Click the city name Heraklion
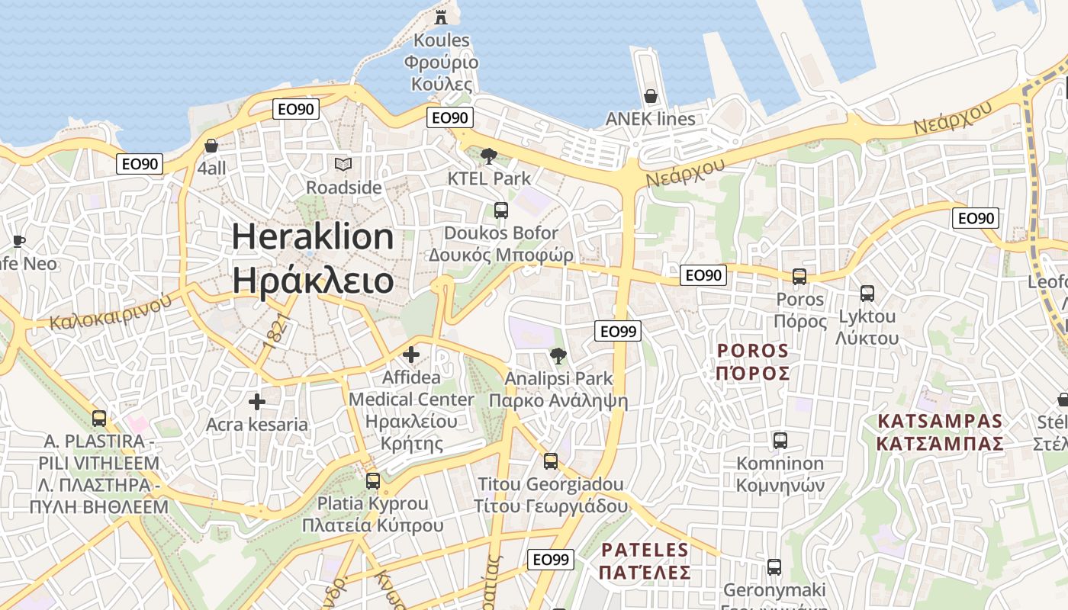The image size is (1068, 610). pyautogui.click(x=313, y=237)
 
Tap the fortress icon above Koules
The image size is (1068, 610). pyautogui.click(x=441, y=17)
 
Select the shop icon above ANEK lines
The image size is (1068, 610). pyautogui.click(x=651, y=96)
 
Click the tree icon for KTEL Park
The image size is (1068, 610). pyautogui.click(x=489, y=156)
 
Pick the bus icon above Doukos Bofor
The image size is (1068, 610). pyautogui.click(x=501, y=210)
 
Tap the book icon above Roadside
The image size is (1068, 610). pyautogui.click(x=343, y=164)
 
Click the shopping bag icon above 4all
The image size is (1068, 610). pyautogui.click(x=211, y=146)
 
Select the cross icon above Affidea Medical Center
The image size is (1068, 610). pyautogui.click(x=411, y=355)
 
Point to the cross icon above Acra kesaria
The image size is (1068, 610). pyautogui.click(x=257, y=402)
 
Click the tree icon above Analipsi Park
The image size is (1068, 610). pyautogui.click(x=558, y=355)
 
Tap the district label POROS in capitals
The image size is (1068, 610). pyautogui.click(x=753, y=352)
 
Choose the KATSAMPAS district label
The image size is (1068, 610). pyautogui.click(x=939, y=422)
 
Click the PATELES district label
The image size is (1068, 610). pyautogui.click(x=645, y=550)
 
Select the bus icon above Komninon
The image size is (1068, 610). pyautogui.click(x=780, y=441)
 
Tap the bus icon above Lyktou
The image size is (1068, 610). pyautogui.click(x=867, y=294)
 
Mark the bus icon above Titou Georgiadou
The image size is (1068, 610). pyautogui.click(x=550, y=461)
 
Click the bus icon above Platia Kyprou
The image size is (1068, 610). pyautogui.click(x=372, y=481)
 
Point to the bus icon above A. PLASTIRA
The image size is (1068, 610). pyautogui.click(x=99, y=419)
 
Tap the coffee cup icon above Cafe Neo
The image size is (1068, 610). pyautogui.click(x=18, y=242)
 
